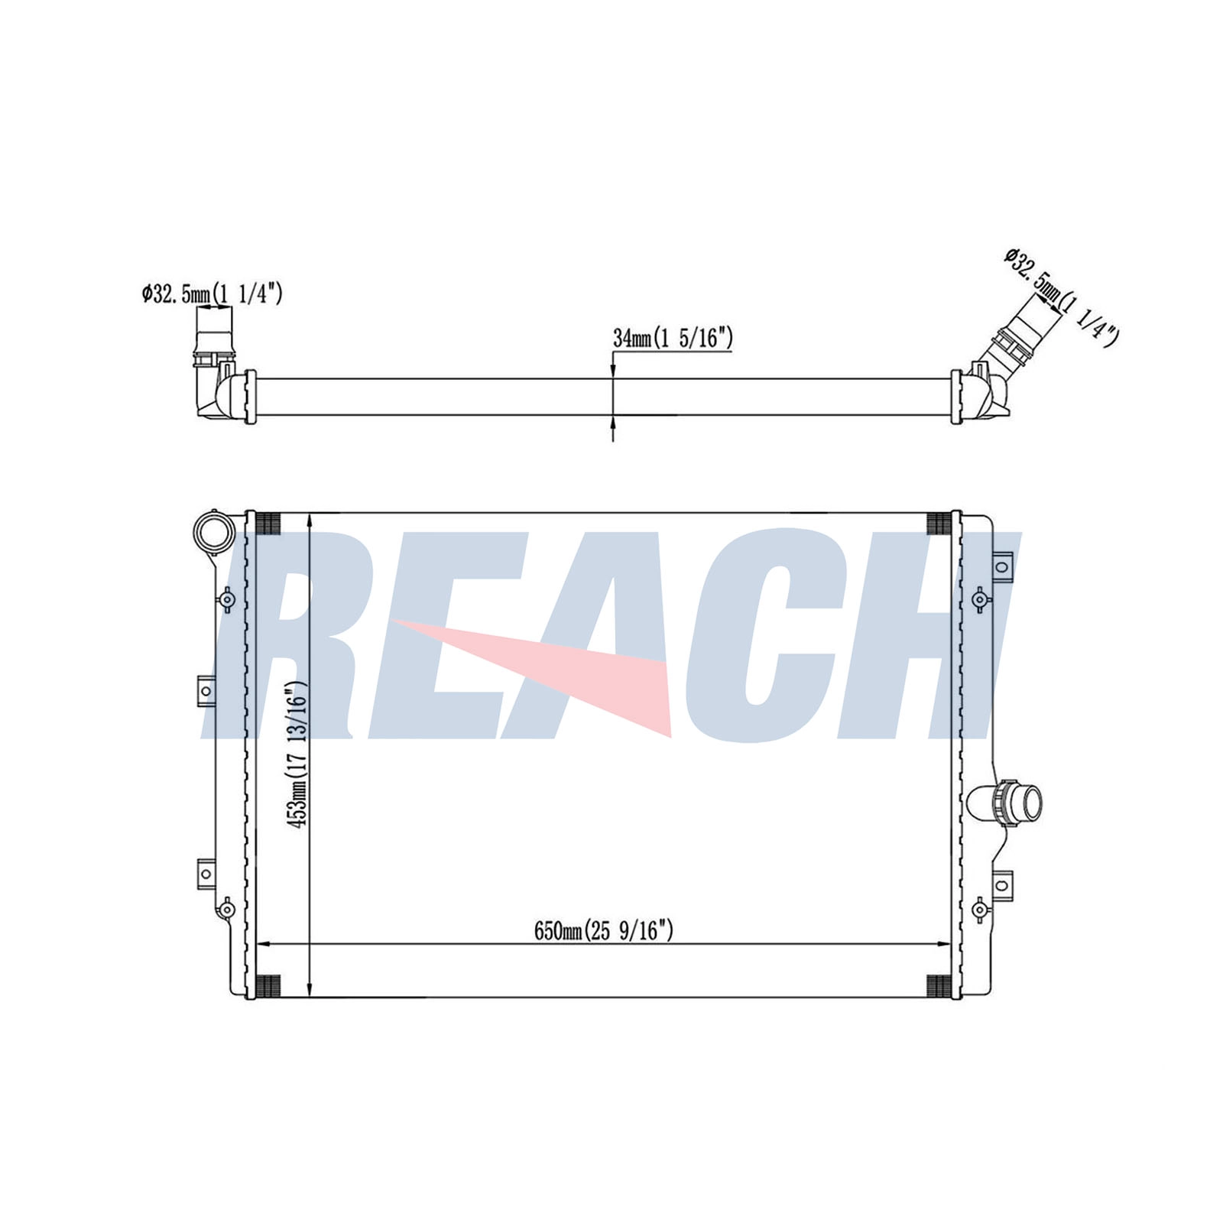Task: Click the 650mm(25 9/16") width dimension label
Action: pos(603,930)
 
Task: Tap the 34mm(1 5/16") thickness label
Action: pos(673,337)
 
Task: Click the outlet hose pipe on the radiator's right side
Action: pos(1004,803)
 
